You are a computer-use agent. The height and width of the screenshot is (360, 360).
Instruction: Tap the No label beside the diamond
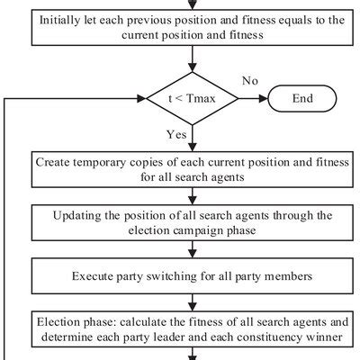[251, 82]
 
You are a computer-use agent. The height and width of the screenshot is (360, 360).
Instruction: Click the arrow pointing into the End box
[265, 98]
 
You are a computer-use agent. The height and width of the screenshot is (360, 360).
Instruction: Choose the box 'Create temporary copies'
[193, 170]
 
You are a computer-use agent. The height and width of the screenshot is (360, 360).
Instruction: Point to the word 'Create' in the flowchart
[55, 163]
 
